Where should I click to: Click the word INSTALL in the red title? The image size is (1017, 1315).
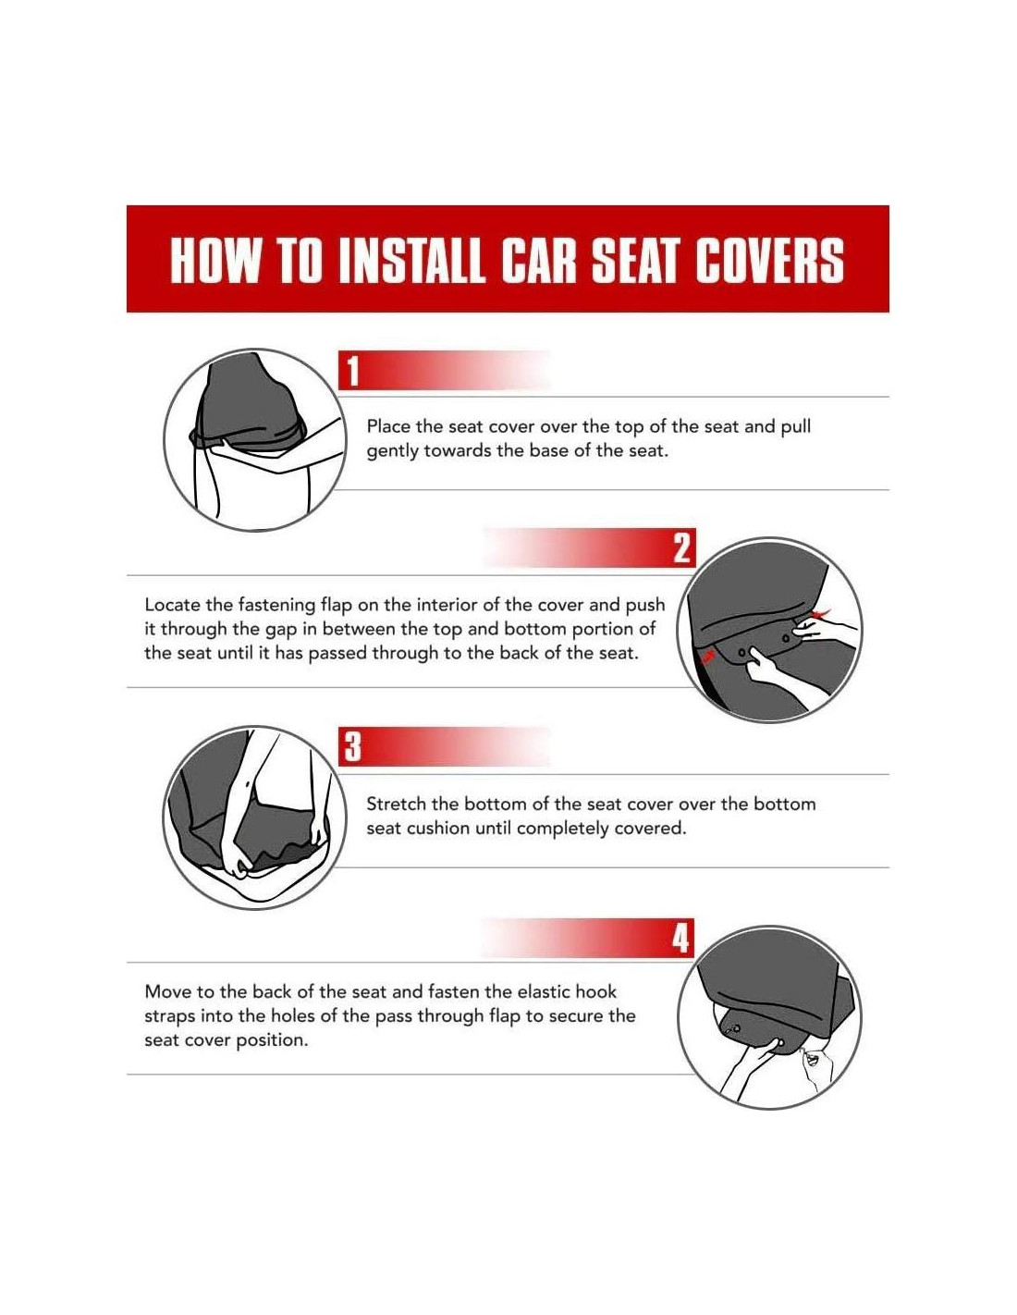point(411,259)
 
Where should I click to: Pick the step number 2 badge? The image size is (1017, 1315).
point(681,547)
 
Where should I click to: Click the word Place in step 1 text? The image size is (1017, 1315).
point(388,426)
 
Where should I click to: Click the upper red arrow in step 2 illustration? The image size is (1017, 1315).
point(822,613)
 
